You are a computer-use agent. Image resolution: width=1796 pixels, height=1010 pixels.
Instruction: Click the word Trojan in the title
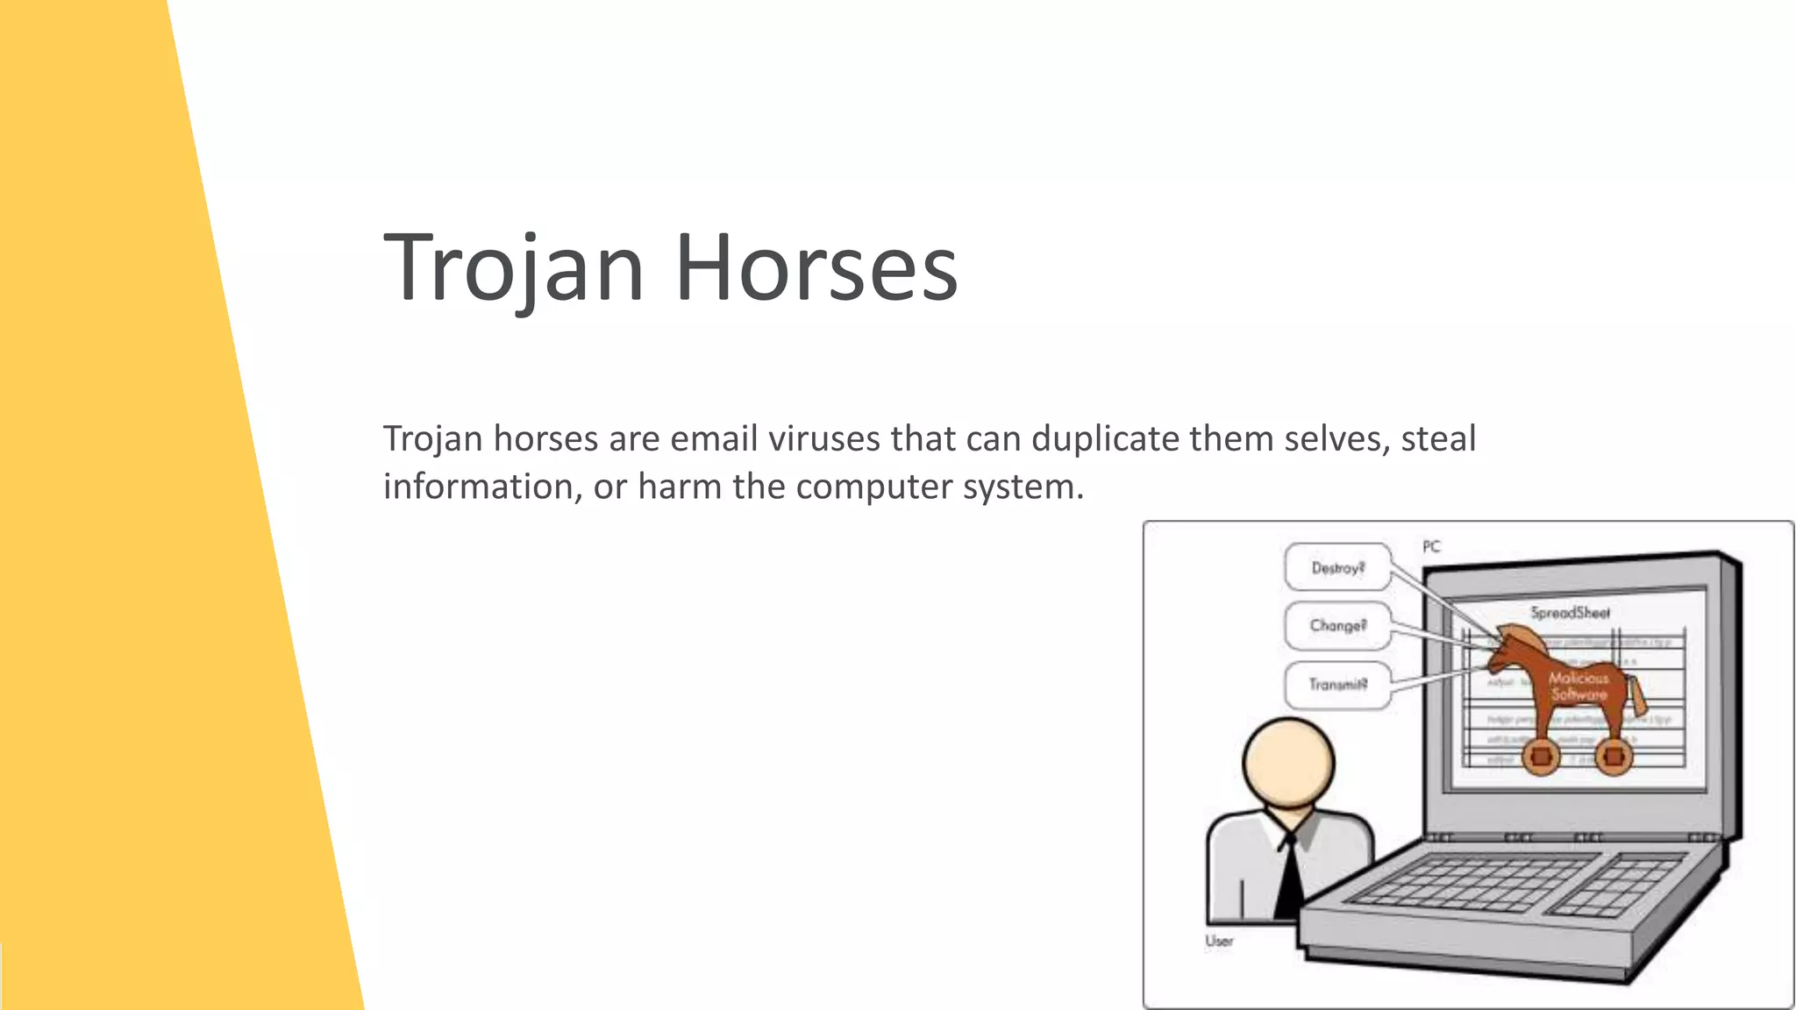514,267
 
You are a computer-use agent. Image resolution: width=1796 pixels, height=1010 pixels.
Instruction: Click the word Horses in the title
816,267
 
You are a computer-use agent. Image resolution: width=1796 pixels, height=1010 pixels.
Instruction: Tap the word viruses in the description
823,438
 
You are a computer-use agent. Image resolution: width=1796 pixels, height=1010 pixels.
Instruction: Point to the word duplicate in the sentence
1104,438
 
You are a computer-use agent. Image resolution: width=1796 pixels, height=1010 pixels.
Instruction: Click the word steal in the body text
1438,438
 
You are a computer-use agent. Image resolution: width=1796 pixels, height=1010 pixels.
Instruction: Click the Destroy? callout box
1337,567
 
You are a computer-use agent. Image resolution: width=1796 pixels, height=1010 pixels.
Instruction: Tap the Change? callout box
1337,625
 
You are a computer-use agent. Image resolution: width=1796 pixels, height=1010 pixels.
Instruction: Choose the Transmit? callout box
1337,684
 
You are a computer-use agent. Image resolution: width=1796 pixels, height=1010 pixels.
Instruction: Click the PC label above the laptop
1431,546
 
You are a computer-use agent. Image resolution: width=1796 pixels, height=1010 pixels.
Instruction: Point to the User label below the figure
1219,941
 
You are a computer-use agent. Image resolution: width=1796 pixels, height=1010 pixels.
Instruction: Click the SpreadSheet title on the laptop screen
1570,613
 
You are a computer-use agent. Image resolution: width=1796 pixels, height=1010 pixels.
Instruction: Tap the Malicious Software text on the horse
1579,686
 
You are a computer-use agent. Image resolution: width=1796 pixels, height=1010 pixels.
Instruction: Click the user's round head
1288,762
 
